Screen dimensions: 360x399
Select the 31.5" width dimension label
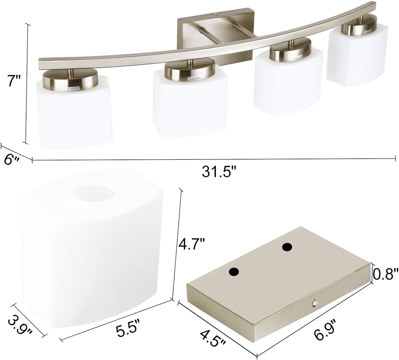219,172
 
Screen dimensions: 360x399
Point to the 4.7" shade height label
191,245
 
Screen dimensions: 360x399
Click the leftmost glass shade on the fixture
75,113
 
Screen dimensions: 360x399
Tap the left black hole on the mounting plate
234,272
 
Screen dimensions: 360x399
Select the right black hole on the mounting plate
287,247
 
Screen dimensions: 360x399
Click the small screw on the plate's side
314,302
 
